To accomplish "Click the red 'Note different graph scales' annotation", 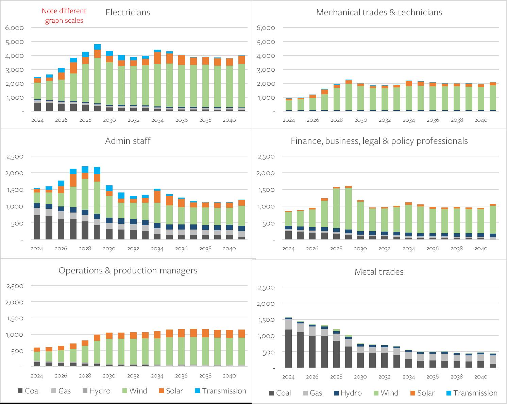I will click(x=64, y=16).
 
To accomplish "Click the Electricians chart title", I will click(x=128, y=13).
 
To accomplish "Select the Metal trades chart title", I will click(x=379, y=272).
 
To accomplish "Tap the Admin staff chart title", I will click(x=128, y=141).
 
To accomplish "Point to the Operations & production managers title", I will click(x=128, y=270).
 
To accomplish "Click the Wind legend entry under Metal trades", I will click(x=386, y=393).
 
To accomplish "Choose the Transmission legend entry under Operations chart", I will click(x=220, y=391).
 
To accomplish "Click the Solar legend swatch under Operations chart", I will click(x=162, y=391).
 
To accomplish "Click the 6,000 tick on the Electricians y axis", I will click(x=14, y=28).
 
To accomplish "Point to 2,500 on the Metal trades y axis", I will click(x=266, y=287).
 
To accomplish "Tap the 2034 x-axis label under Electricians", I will click(x=157, y=120).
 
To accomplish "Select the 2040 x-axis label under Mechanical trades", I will click(x=481, y=120).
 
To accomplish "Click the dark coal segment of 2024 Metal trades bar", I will click(x=288, y=349).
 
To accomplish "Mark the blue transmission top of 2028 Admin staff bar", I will click(x=85, y=169).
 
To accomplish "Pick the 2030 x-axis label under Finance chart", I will click(x=360, y=249).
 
